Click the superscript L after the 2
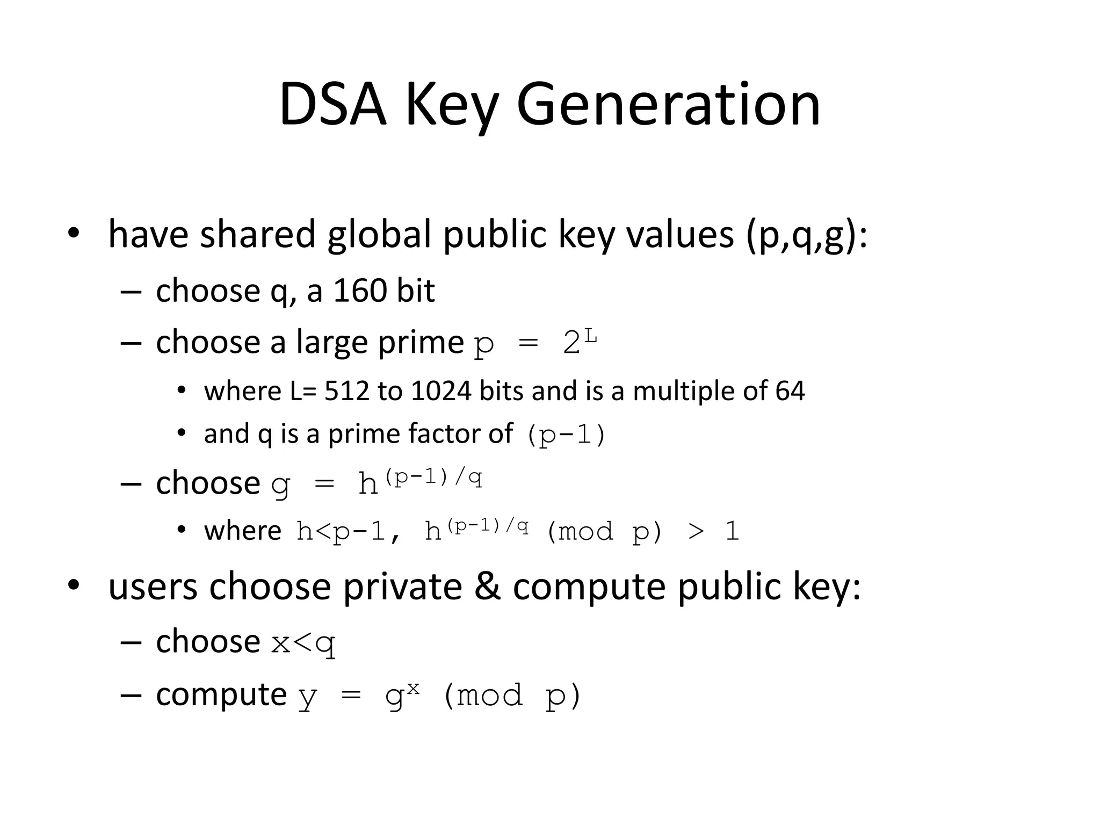tap(591, 336)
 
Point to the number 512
tap(346, 391)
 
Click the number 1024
tap(441, 391)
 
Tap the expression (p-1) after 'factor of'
tap(566, 435)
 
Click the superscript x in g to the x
tap(412, 688)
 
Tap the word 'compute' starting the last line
tap(221, 695)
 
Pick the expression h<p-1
tap(341, 532)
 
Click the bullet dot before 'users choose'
tap(74, 585)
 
